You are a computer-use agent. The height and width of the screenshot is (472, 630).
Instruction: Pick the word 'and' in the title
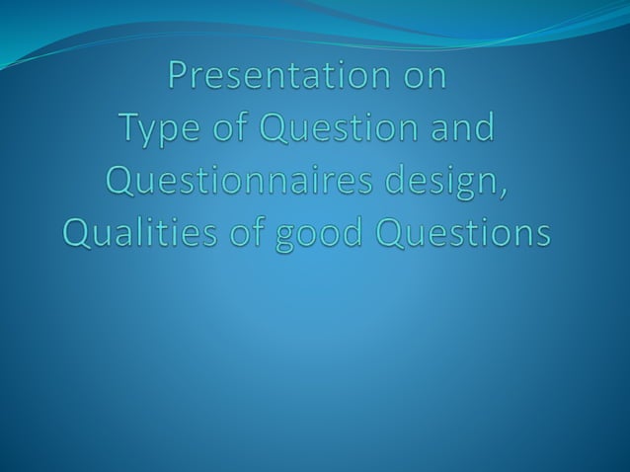click(x=459, y=128)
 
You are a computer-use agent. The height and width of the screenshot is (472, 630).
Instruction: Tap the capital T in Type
click(x=129, y=128)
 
